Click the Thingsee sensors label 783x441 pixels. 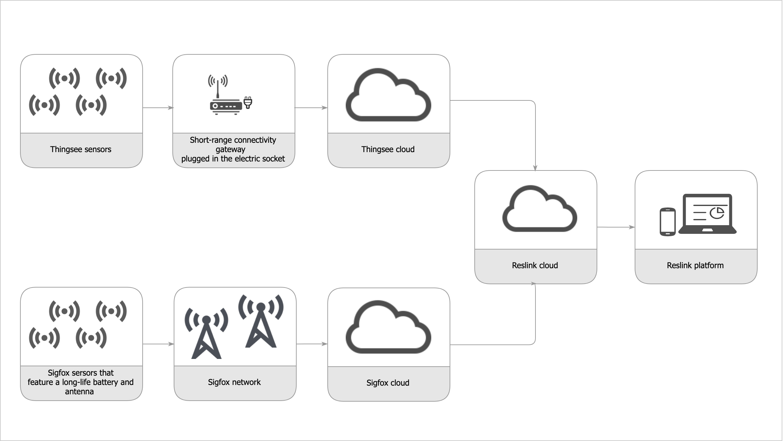click(x=81, y=149)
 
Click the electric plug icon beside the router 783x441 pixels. click(x=248, y=102)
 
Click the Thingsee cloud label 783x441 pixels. click(x=388, y=149)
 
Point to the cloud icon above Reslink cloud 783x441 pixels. click(x=539, y=209)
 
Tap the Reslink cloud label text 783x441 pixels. click(x=535, y=265)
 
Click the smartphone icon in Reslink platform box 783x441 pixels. click(x=667, y=222)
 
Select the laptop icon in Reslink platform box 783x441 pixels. click(x=708, y=214)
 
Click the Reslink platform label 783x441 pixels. click(x=695, y=265)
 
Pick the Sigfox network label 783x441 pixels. click(x=234, y=382)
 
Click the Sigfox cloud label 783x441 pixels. click(x=387, y=383)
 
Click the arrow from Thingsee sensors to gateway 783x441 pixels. click(x=158, y=108)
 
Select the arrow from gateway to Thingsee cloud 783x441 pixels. click(x=311, y=108)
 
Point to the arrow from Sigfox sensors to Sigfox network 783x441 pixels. click(x=158, y=344)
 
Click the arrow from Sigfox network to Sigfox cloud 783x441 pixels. click(x=312, y=344)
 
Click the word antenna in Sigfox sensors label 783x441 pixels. click(x=80, y=391)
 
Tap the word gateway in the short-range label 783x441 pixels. click(x=230, y=149)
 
